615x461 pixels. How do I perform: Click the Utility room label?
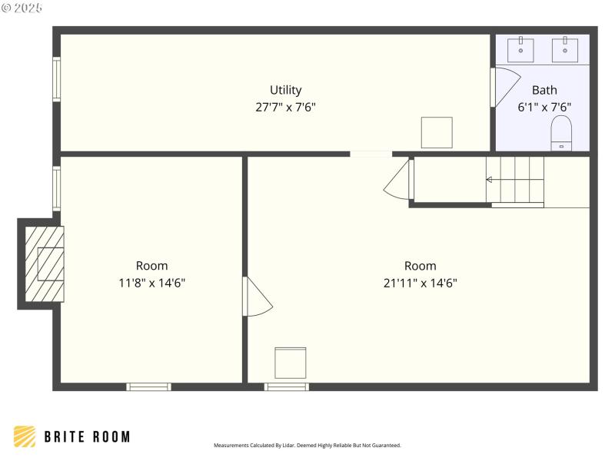pos(285,90)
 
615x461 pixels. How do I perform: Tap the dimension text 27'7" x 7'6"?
pos(285,108)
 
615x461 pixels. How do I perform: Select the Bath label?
pos(544,90)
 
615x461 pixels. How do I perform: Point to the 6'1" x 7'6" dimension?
pos(544,108)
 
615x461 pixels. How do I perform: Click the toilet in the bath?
pos(562,134)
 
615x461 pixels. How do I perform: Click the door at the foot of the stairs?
pos(400,181)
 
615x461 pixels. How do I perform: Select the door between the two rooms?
pos(256,297)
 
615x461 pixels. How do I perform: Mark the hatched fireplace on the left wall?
pos(44,264)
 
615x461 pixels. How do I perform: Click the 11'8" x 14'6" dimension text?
pos(151,283)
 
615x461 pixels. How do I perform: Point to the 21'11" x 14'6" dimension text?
pos(420,283)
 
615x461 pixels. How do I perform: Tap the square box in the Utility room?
pos(437,132)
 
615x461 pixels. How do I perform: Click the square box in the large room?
pos(291,363)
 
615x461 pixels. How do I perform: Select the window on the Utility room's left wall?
pos(56,79)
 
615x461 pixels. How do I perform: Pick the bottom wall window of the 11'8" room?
pos(148,386)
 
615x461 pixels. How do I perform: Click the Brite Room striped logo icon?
pos(25,436)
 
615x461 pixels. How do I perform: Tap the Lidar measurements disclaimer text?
pos(307,445)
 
